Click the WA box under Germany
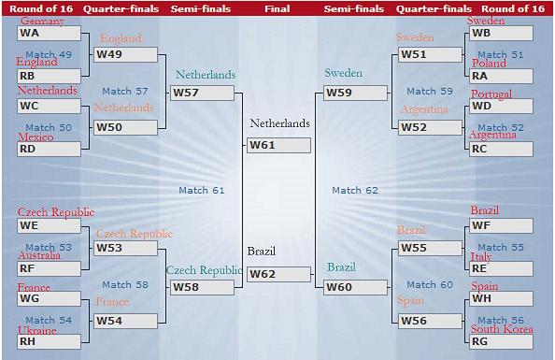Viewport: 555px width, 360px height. [x=49, y=33]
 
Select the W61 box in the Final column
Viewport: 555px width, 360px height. [x=279, y=145]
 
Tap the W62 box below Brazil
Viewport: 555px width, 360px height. [x=279, y=274]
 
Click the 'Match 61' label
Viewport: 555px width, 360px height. [x=202, y=190]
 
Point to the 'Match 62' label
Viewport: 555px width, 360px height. [x=355, y=190]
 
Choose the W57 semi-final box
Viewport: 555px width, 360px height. [x=202, y=93]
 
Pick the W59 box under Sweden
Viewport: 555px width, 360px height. [x=355, y=93]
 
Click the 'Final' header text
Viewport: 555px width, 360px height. [x=277, y=8]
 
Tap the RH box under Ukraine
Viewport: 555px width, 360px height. [x=49, y=341]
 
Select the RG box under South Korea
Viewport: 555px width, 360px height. [x=501, y=341]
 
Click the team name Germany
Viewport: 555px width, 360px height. [x=42, y=21]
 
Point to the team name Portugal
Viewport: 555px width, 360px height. [x=491, y=94]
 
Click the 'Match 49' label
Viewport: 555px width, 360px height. [x=49, y=54]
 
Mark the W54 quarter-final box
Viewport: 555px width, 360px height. [x=125, y=321]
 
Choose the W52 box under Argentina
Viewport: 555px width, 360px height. [x=430, y=127]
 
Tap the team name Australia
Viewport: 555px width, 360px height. [x=39, y=255]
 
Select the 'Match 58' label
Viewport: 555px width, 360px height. [x=125, y=284]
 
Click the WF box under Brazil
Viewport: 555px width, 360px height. [x=501, y=225]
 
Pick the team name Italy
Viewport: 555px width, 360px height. [x=481, y=256]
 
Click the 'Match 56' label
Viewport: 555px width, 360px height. [x=501, y=321]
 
